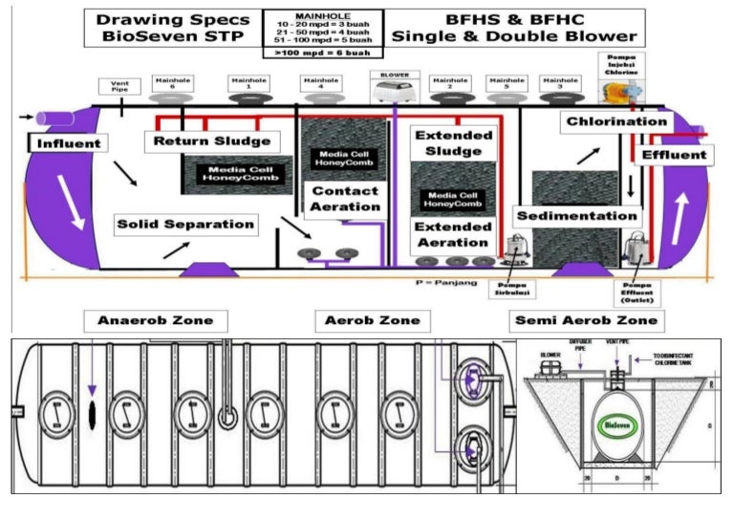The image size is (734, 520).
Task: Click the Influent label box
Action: coord(67,144)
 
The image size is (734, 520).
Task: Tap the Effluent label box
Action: coord(675,155)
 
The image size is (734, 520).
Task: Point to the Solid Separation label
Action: coord(186,225)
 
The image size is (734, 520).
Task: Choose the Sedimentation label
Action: coord(575,216)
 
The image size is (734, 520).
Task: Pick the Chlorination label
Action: coord(616,121)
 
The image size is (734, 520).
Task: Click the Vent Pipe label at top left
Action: coord(119,87)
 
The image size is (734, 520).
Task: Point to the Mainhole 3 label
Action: coord(559,83)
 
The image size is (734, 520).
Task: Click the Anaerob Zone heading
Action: coord(154,320)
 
